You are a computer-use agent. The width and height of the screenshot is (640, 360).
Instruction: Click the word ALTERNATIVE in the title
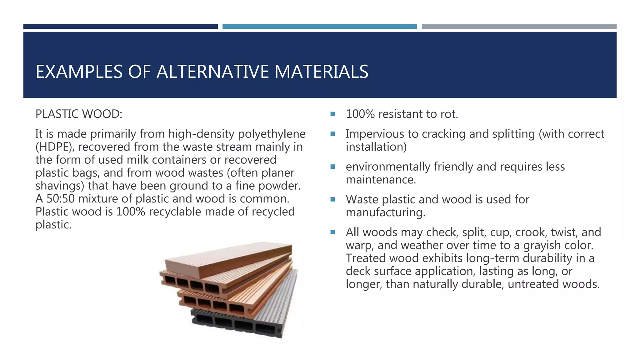213,72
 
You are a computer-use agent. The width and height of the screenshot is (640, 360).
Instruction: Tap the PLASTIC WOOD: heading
79,114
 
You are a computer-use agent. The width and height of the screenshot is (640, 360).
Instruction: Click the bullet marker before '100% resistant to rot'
332,114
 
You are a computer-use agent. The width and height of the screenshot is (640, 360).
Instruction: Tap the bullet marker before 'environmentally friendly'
332,167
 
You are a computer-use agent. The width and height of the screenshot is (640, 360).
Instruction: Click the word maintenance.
381,180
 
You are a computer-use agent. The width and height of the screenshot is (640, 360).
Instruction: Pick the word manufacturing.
385,213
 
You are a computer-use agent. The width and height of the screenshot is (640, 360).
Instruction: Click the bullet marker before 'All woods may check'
332,232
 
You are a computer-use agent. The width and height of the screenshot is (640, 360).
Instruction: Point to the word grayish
543,245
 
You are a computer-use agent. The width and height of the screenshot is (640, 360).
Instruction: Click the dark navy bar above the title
120,27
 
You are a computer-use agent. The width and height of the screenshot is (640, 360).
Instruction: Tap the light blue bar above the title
319,27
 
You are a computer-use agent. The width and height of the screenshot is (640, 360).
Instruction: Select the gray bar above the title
519,27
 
